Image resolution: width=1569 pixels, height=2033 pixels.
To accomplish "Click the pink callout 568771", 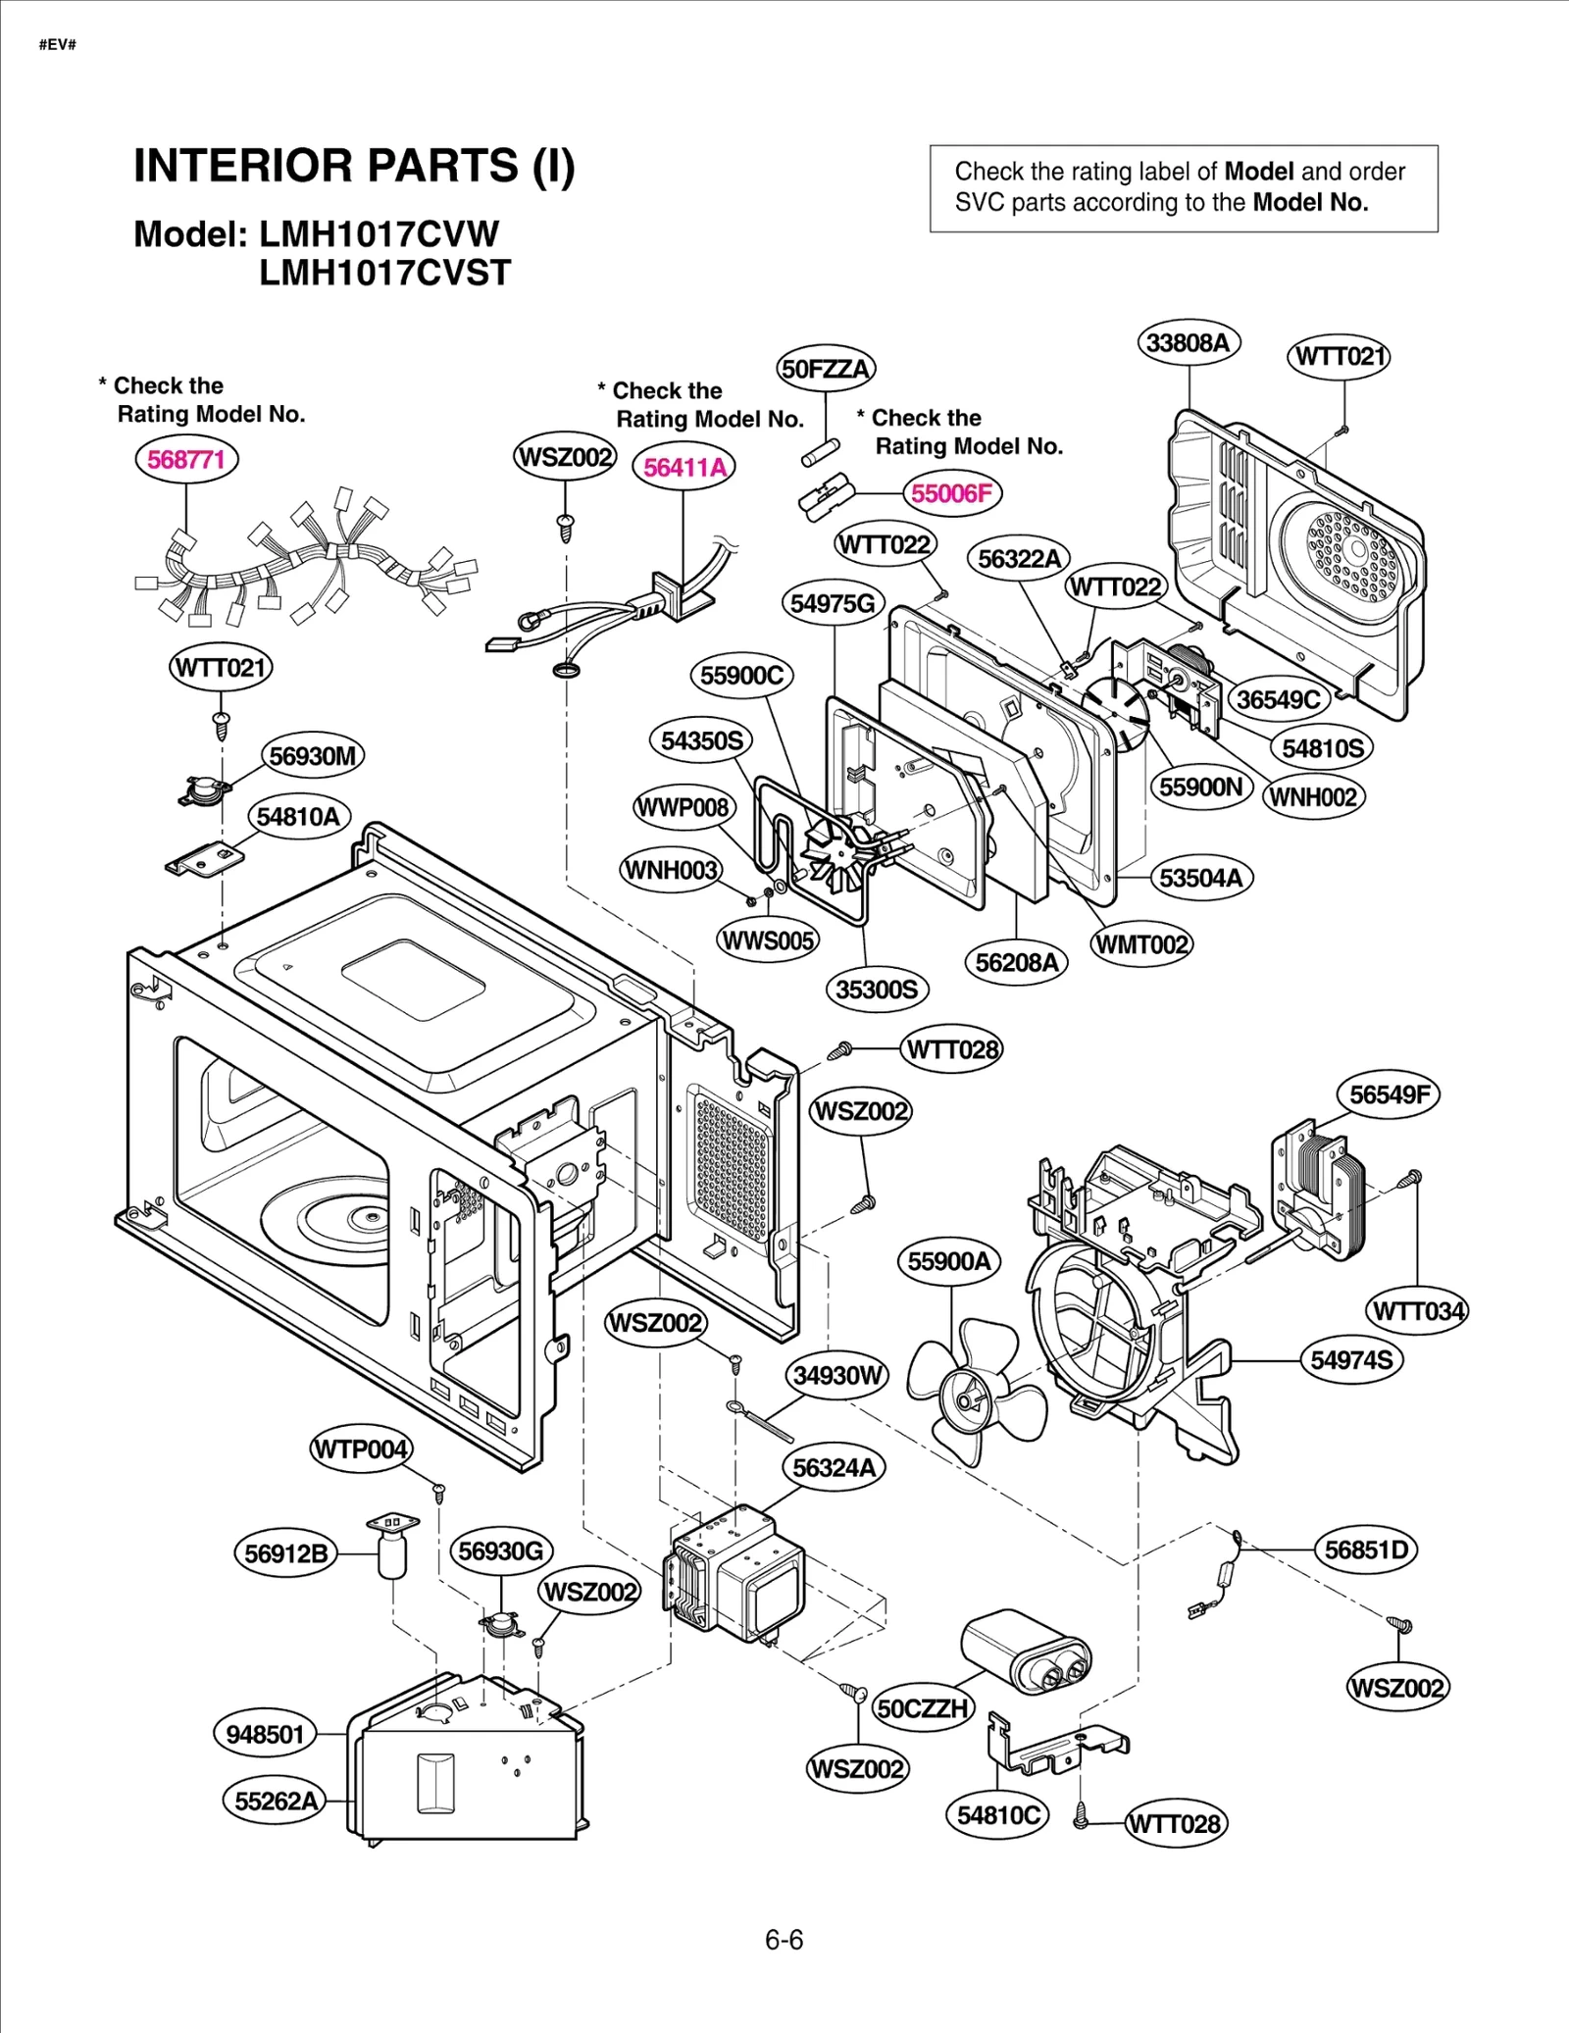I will point(186,459).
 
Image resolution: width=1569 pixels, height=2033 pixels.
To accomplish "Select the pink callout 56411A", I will point(684,467).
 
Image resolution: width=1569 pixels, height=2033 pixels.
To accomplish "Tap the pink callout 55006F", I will point(951,492).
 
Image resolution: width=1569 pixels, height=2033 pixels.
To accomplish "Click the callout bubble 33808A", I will point(1188,342).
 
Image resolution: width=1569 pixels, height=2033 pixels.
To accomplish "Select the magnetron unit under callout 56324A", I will point(735,1574).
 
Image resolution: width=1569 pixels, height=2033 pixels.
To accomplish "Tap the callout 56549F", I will point(1389,1093).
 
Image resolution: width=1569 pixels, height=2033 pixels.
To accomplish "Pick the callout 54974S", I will point(1351,1359).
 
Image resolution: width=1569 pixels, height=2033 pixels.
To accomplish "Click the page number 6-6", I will point(784,1940).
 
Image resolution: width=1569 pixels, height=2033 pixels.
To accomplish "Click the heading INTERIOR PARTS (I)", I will point(354,165).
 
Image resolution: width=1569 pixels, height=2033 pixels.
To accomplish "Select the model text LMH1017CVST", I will point(384,273).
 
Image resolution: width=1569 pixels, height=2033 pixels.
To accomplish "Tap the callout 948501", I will point(265,1734).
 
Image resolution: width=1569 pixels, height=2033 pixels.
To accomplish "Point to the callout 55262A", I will point(276,1801).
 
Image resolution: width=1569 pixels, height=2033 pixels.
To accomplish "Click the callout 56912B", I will point(285,1553).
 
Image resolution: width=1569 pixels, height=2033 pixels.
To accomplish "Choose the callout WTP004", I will point(361,1449).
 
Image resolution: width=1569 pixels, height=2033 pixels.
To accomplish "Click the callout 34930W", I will point(837,1375).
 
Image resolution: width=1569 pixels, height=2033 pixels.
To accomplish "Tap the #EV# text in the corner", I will point(57,45).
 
